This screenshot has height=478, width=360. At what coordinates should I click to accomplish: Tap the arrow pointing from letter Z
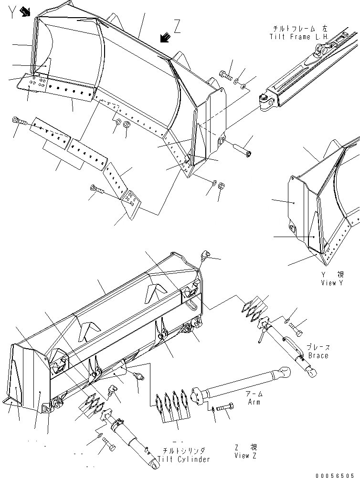165,36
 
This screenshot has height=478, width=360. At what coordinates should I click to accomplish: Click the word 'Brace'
318,356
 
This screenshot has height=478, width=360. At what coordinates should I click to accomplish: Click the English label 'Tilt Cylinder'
186,459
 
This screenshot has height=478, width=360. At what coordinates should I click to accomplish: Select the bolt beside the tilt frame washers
226,74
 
